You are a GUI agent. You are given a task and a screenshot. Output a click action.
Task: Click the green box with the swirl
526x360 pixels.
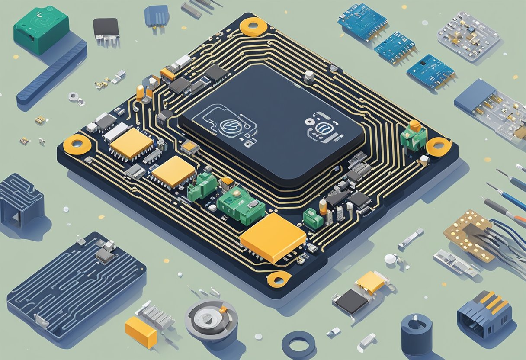[x=41, y=30]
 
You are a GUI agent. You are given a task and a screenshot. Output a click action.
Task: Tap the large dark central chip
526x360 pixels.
[x=271, y=124]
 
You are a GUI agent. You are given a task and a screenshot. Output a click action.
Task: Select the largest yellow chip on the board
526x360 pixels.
[x=273, y=237]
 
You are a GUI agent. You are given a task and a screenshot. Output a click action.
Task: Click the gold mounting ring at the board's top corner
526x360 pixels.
[x=253, y=27]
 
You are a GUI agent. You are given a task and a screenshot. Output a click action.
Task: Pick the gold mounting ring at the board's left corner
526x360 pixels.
[x=77, y=144]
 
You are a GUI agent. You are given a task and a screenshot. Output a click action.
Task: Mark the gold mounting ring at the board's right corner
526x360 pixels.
[x=439, y=147]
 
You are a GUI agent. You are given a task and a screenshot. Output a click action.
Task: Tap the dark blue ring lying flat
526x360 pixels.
[x=298, y=344]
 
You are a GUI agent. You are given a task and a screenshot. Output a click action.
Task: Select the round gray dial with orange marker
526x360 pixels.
[x=212, y=318]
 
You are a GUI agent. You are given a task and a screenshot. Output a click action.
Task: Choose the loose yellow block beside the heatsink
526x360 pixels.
[x=141, y=332]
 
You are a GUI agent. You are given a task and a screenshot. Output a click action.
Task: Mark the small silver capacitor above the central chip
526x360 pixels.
[x=308, y=77]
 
